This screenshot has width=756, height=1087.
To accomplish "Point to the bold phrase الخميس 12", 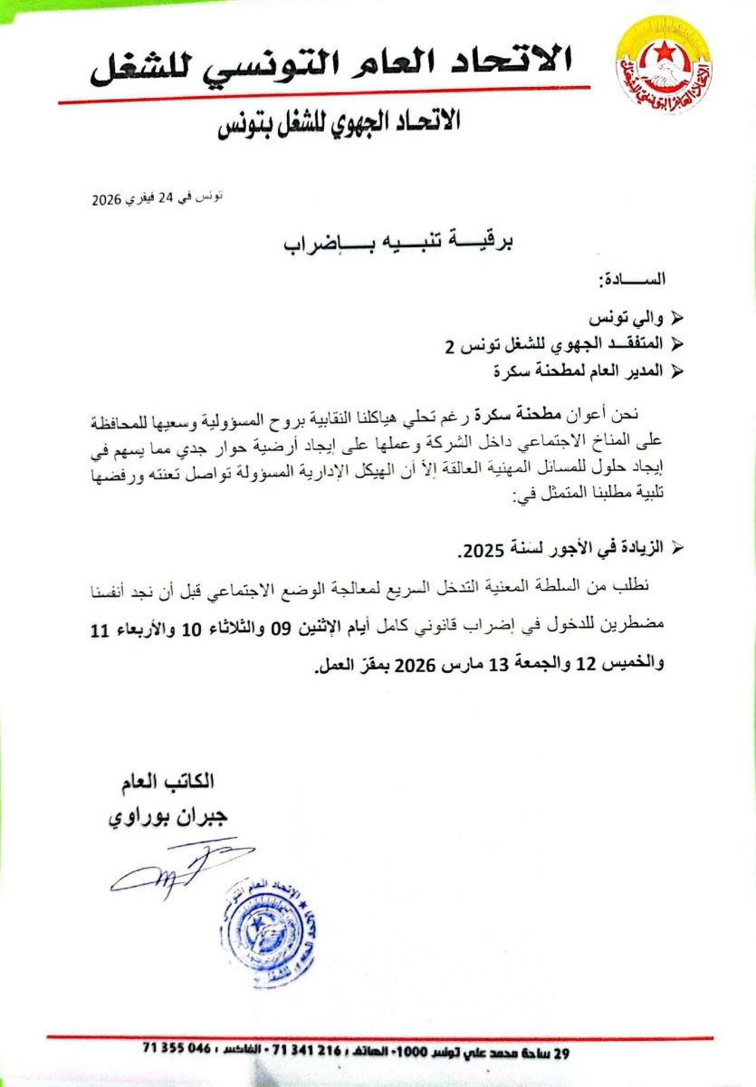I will coord(626,663).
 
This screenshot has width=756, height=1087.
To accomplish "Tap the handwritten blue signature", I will coord(177,868).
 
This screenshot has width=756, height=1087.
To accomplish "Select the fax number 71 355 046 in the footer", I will coord(177,1051).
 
